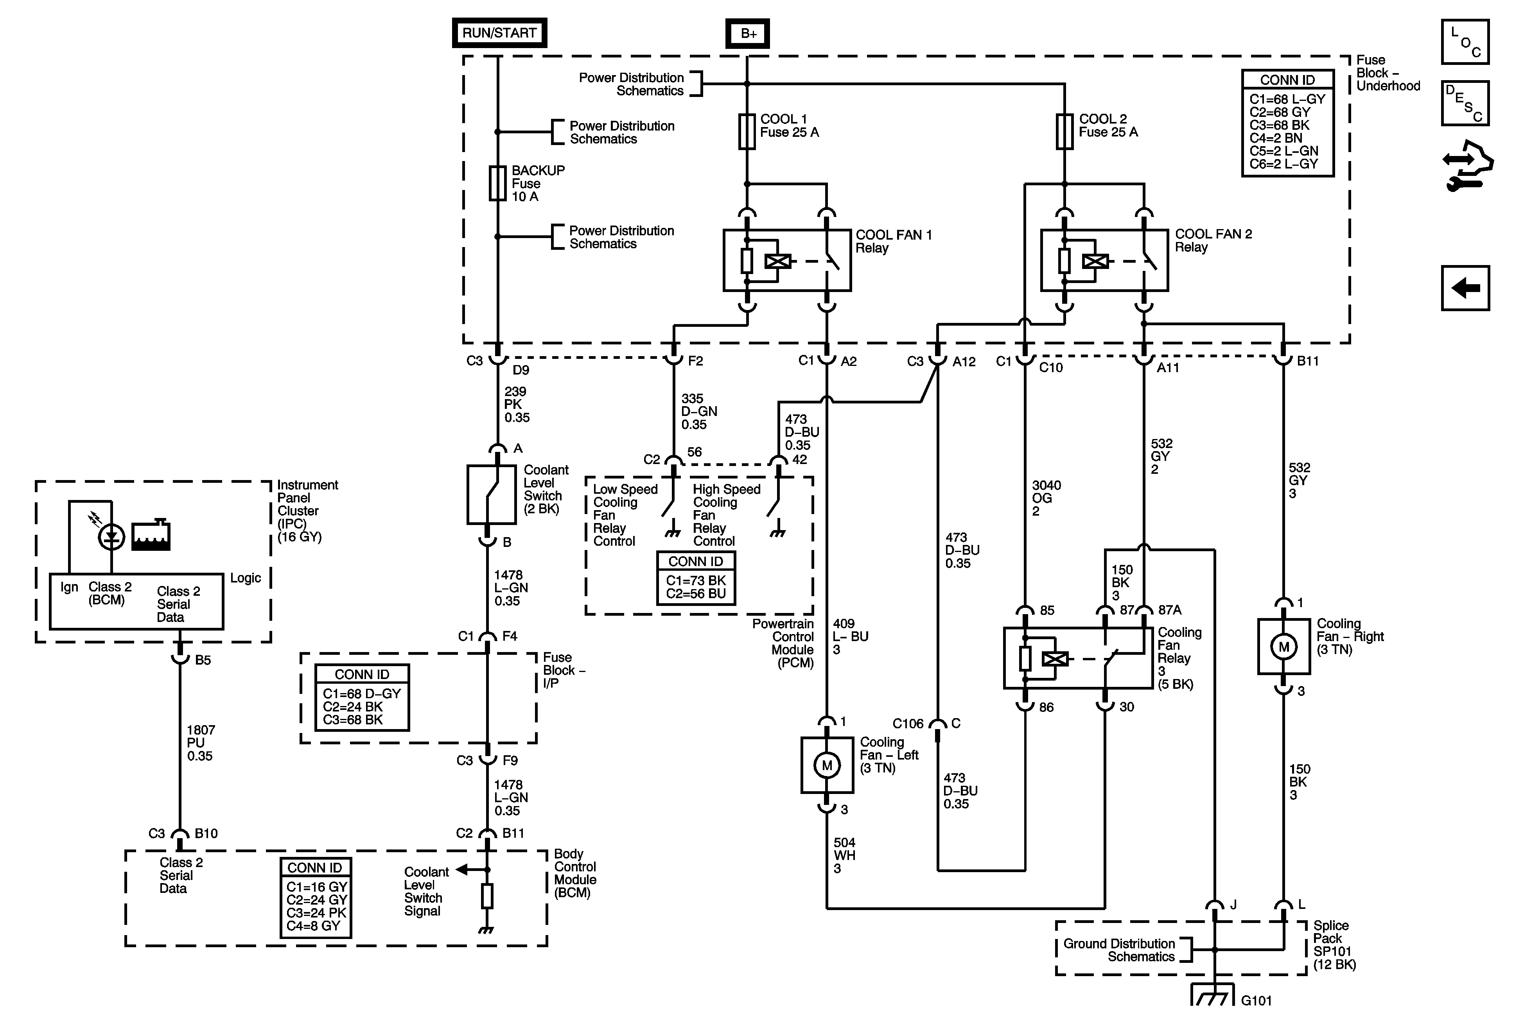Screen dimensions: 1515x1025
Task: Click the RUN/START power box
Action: pos(499,32)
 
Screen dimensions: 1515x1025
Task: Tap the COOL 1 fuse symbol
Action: pos(747,132)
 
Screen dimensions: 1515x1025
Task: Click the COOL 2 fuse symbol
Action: pos(1064,132)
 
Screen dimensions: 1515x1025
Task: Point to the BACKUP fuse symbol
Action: pos(497,183)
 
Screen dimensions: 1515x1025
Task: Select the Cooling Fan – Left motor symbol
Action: pos(827,765)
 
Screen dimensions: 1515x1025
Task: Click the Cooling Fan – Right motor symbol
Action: pos(1283,647)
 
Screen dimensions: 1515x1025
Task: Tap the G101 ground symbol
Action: pos(1213,995)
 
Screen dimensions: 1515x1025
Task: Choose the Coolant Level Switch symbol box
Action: pos(492,494)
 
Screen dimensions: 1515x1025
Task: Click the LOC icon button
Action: pos(1465,42)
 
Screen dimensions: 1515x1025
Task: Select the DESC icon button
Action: pos(1465,103)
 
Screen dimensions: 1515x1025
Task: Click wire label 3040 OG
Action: pos(1046,498)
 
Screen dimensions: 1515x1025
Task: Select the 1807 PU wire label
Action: pos(200,743)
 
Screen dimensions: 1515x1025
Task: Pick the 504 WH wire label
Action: pos(844,856)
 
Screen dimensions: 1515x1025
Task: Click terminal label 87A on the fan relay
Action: pos(1170,610)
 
